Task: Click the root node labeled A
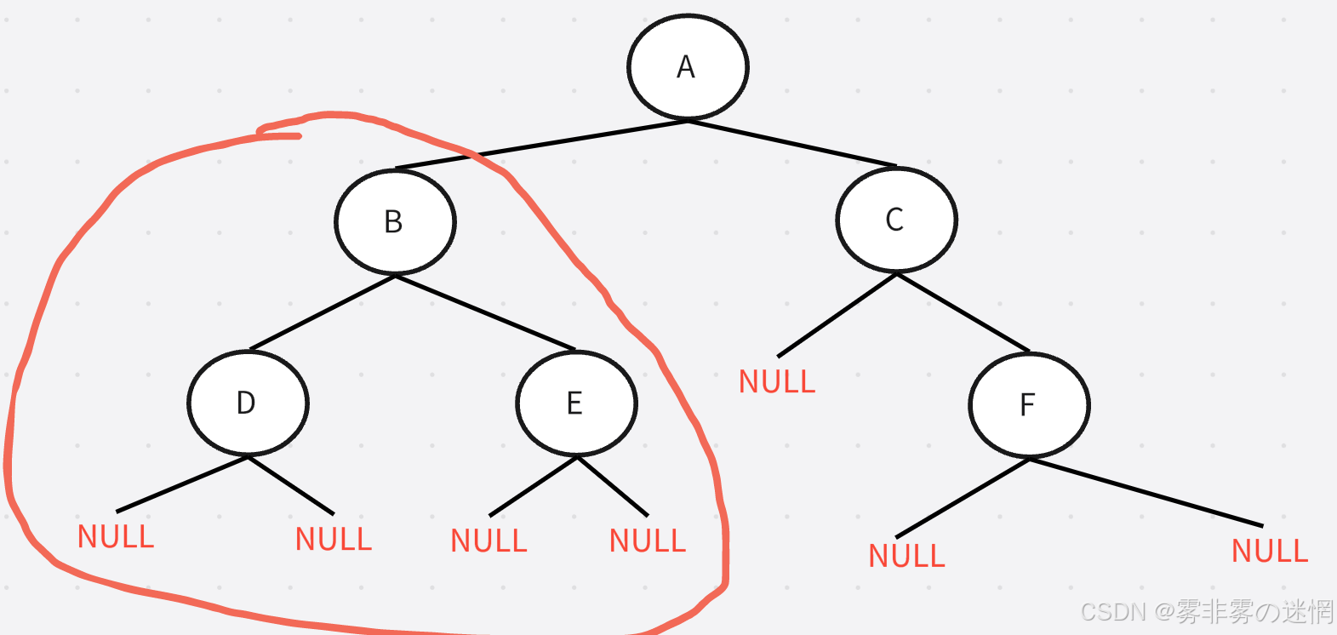[688, 66]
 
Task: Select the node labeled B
[395, 222]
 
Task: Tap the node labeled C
[896, 220]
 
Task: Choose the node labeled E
[576, 403]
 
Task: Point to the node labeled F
[1029, 405]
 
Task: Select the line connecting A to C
[791, 143]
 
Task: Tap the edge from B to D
[322, 312]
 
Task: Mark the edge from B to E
[485, 312]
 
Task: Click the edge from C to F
[963, 312]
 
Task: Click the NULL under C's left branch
[777, 381]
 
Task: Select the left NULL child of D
[116, 537]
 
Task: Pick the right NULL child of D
[334, 539]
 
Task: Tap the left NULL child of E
[489, 541]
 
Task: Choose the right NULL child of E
[648, 541]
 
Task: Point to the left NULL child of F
[906, 556]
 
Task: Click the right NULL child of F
[1270, 552]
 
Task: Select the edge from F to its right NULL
[1146, 492]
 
